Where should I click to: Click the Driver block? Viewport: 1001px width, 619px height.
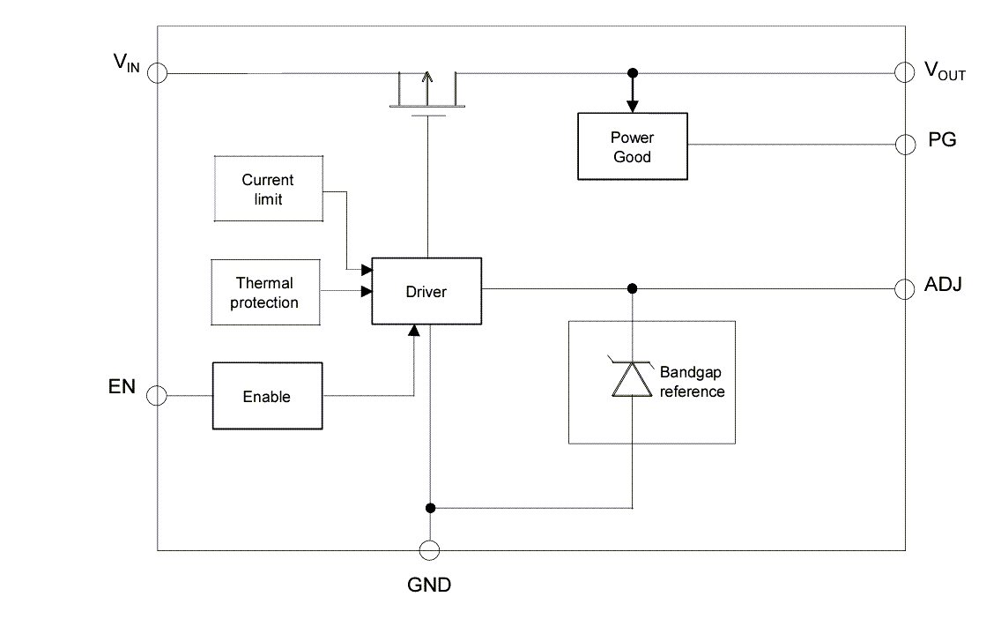pyautogui.click(x=426, y=291)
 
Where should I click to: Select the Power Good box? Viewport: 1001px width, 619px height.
pyautogui.click(x=632, y=146)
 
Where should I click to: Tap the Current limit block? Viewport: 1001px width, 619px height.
pyautogui.click(x=268, y=189)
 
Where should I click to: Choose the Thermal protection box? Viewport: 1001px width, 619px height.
pyautogui.click(x=264, y=293)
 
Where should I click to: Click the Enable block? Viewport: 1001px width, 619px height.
pyautogui.click(x=266, y=397)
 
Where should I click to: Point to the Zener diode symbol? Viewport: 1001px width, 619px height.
pyautogui.click(x=632, y=378)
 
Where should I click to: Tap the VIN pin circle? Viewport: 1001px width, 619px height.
pyautogui.click(x=157, y=73)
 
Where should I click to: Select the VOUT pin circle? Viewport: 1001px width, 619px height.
pyautogui.click(x=904, y=73)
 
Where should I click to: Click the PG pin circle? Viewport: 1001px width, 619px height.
pyautogui.click(x=904, y=145)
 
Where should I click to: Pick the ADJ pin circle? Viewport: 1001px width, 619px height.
pyautogui.click(x=904, y=288)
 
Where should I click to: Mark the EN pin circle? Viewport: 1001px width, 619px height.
pyautogui.click(x=157, y=396)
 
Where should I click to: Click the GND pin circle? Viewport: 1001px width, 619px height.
pyautogui.click(x=429, y=551)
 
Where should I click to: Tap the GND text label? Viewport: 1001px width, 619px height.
pyautogui.click(x=429, y=584)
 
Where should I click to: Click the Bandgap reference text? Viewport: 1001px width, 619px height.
pyautogui.click(x=692, y=383)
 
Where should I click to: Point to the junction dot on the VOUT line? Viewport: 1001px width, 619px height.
pyautogui.click(x=632, y=73)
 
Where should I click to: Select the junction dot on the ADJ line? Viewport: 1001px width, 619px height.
pyautogui.click(x=632, y=288)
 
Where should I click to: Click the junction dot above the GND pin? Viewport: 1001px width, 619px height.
pyautogui.click(x=429, y=508)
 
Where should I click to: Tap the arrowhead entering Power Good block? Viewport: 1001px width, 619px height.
pyautogui.click(x=632, y=106)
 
